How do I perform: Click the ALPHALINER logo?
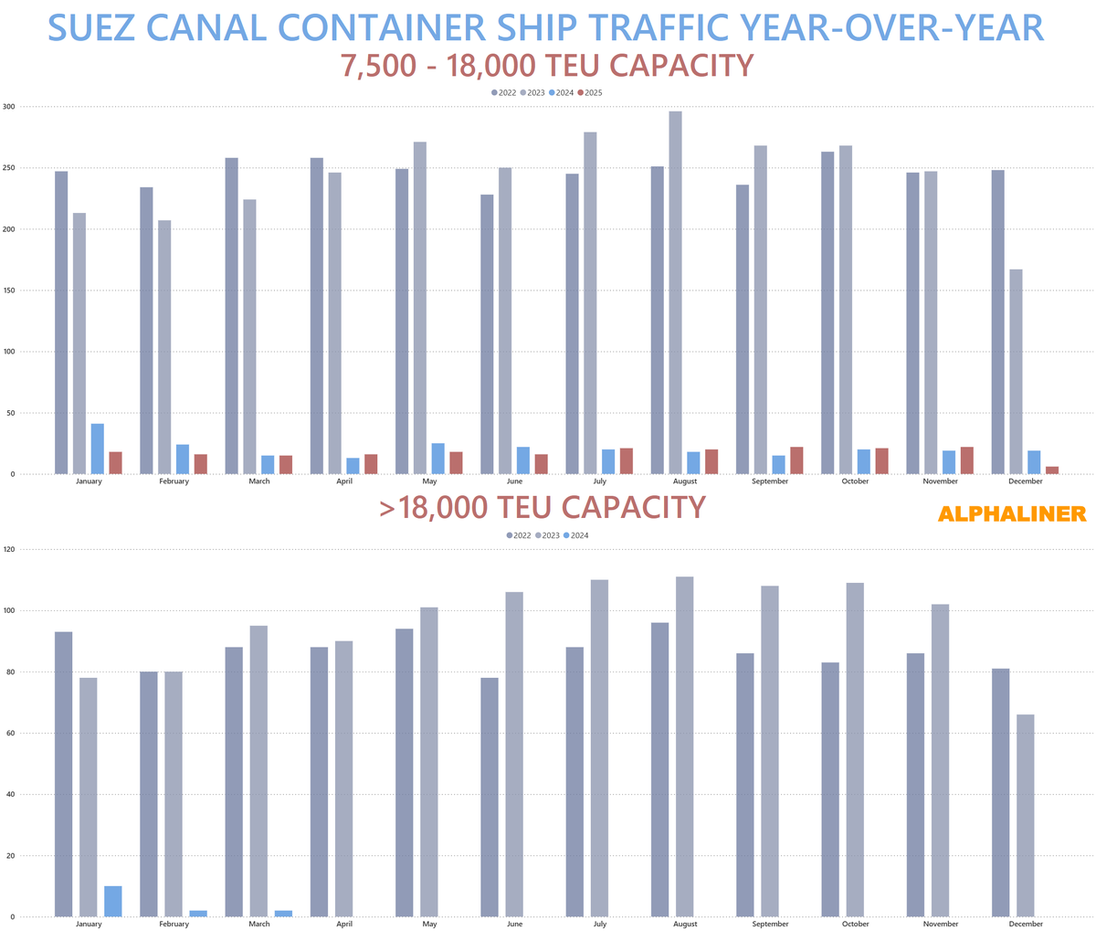(1012, 514)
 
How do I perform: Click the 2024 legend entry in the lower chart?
(576, 535)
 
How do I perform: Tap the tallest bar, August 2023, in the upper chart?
(675, 292)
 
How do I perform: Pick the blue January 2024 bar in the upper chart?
(97, 449)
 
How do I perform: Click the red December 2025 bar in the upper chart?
(1052, 470)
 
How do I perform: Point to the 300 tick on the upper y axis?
(9, 107)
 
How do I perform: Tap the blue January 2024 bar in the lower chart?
(112, 901)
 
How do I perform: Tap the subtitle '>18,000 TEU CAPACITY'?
(543, 508)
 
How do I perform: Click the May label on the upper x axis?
(429, 481)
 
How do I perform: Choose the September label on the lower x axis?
(770, 924)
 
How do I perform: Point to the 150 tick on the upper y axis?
(9, 291)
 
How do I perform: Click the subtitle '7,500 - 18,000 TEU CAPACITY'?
(546, 67)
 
